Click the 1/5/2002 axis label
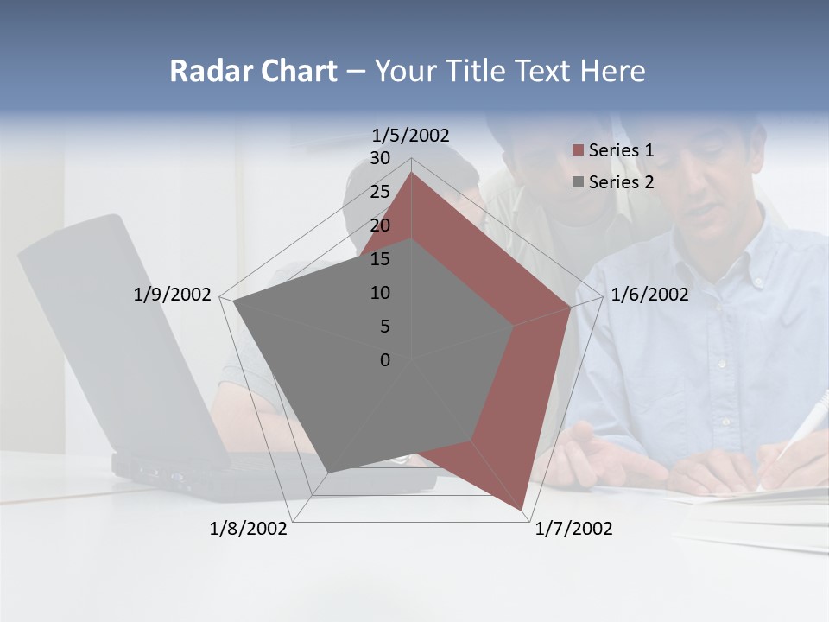tap(410, 135)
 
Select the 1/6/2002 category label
tap(649, 295)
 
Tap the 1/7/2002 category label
tap(573, 528)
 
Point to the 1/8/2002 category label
tap(249, 528)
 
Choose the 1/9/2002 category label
tap(172, 295)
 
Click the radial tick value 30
tap(380, 158)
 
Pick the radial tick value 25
tap(380, 192)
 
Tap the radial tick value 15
tap(380, 259)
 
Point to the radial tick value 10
tap(380, 293)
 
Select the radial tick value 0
tap(385, 360)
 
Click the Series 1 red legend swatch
tap(578, 151)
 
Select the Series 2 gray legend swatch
tap(578, 182)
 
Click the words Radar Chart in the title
tap(253, 71)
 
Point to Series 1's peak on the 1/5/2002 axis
tap(411, 173)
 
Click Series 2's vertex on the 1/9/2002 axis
tap(234, 301)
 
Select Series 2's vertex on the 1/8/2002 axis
tap(328, 472)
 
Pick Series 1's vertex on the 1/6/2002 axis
tap(571, 307)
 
